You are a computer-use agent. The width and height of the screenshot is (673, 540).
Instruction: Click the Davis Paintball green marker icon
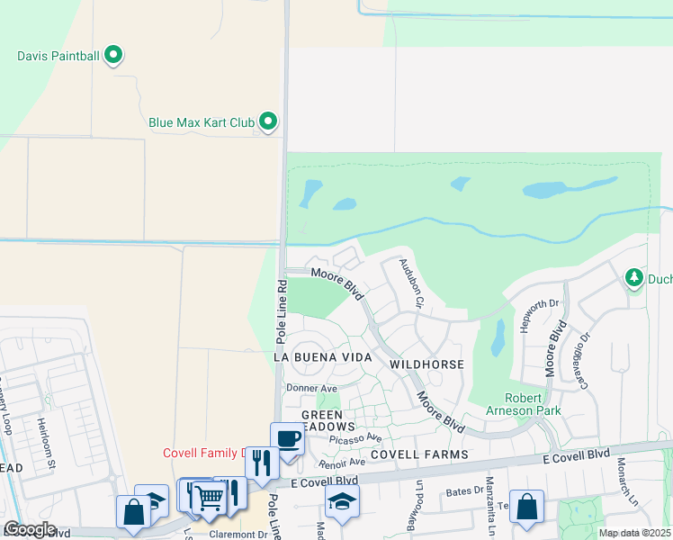[113, 56]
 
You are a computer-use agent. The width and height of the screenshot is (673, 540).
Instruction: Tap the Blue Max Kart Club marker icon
[268, 121]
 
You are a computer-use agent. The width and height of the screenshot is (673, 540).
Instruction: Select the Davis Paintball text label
[58, 56]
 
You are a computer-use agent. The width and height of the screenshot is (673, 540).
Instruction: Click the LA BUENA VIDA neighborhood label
[322, 357]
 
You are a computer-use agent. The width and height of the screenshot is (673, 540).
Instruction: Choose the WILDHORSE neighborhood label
[426, 364]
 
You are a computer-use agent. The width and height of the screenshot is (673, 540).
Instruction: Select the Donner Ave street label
[305, 388]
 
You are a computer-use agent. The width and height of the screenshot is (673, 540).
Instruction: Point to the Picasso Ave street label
[355, 438]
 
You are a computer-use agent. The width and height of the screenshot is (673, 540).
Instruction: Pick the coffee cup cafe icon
[287, 439]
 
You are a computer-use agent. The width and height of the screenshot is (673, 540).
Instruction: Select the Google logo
[29, 529]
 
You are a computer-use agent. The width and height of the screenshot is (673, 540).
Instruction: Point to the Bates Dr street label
[464, 492]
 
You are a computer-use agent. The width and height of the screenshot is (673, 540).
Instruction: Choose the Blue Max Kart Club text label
[201, 121]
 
